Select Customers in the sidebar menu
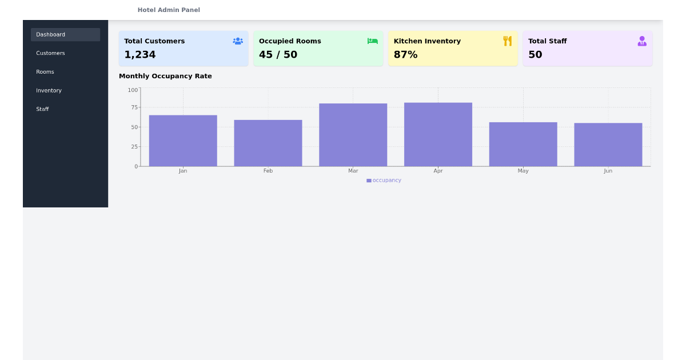point(50,53)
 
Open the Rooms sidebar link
point(45,72)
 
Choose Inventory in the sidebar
point(49,91)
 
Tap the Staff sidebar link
point(42,109)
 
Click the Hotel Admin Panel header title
point(169,10)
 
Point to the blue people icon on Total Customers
point(238,41)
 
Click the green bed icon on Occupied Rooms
point(373,41)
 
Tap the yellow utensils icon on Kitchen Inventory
point(507,41)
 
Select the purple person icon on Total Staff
point(642,41)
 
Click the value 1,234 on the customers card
point(140,55)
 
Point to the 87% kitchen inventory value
point(406,55)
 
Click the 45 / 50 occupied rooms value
point(278,55)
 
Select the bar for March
point(353,135)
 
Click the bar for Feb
point(268,143)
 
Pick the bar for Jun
point(608,145)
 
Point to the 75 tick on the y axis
point(135,107)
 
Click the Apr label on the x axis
point(438,171)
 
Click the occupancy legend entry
point(384,181)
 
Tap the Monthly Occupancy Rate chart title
point(165,76)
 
